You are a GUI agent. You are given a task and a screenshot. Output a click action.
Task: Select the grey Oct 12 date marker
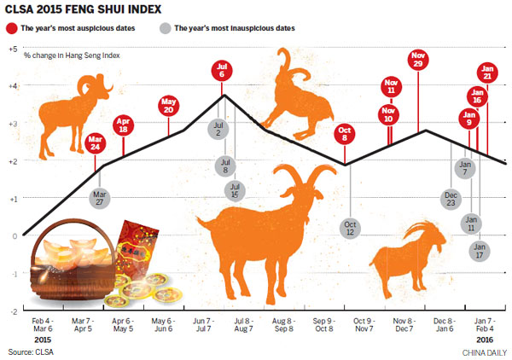(x=350, y=228)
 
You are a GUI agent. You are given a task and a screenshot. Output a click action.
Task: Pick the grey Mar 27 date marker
(x=100, y=198)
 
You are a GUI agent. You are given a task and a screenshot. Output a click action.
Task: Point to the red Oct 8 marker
(x=345, y=134)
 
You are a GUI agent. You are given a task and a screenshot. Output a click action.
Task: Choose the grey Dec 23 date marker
(x=451, y=199)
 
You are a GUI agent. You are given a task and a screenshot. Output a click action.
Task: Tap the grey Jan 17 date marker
(x=480, y=249)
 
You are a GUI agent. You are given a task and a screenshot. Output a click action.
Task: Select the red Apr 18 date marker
(x=124, y=125)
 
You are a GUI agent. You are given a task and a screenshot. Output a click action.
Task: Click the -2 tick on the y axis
(x=13, y=311)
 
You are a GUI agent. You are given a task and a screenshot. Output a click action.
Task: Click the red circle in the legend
(x=12, y=28)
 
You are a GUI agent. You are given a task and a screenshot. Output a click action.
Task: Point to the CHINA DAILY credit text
(x=484, y=351)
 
